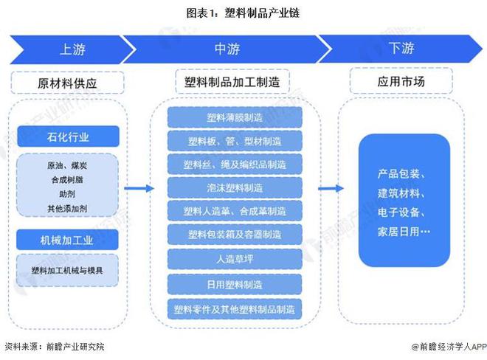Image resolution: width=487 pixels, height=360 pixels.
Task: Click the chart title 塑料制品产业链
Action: (243, 13)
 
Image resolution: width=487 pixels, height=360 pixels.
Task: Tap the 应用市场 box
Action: (402, 83)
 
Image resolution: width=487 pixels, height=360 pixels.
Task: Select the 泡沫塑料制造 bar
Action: (234, 187)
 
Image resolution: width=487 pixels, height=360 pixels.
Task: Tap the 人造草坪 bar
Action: (234, 259)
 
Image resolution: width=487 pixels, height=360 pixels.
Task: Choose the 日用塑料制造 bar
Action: (234, 283)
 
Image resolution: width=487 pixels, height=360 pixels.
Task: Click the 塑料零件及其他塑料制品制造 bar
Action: (234, 308)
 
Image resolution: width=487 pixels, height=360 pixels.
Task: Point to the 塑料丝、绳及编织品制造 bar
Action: (234, 164)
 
